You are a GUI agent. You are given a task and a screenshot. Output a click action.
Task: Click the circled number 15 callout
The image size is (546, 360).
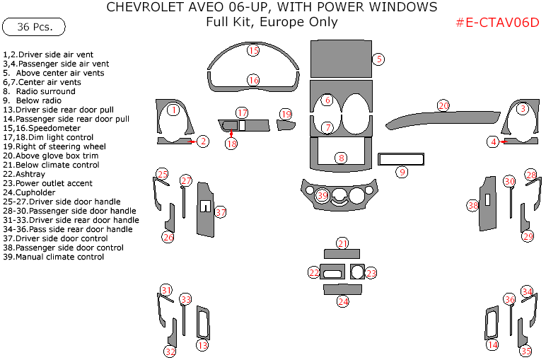tap(254, 50)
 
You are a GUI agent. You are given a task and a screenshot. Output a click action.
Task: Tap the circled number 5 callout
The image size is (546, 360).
tap(378, 59)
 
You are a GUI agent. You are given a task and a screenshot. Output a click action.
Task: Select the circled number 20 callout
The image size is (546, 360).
tap(443, 105)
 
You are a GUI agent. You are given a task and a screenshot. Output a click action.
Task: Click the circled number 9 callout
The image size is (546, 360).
tap(402, 172)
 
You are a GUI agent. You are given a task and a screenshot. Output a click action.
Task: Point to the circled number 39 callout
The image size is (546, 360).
tap(323, 195)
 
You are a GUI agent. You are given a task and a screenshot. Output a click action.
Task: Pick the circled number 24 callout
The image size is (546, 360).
tap(342, 301)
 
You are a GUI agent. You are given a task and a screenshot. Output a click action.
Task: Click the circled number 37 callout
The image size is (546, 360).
tap(221, 212)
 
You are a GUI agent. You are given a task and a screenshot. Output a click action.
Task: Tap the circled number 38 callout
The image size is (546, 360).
tap(473, 206)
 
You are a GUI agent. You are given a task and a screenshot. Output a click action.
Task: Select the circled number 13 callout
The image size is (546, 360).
tap(203, 345)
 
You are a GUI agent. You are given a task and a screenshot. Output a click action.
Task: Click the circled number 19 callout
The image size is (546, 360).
tap(286, 114)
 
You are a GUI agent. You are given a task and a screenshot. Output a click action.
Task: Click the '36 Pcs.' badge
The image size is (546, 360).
tap(34, 27)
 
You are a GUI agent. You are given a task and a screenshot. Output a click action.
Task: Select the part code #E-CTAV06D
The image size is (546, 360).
tap(497, 22)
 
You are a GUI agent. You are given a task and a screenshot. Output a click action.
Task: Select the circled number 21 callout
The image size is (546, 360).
tap(342, 243)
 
